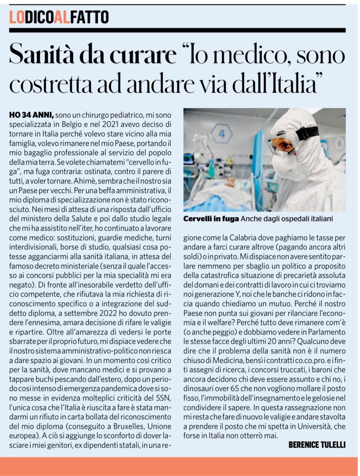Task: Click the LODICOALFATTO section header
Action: tap(59, 18)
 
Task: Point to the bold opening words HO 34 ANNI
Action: tap(31, 114)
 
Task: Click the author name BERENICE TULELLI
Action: tap(317, 445)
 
